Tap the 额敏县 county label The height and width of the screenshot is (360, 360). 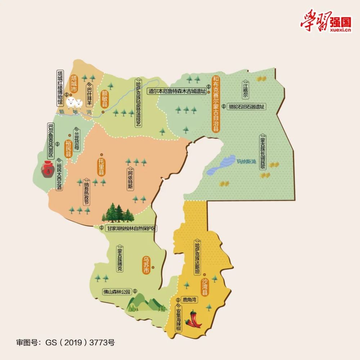(105, 94)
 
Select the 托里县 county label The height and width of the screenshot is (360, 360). (102, 166)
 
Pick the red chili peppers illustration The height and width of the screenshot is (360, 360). (194, 319)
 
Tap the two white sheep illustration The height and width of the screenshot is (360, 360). (75, 103)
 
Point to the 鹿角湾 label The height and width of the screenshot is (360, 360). (189, 300)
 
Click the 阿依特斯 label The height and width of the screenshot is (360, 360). (130, 180)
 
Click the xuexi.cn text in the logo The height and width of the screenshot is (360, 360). (340, 30)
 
